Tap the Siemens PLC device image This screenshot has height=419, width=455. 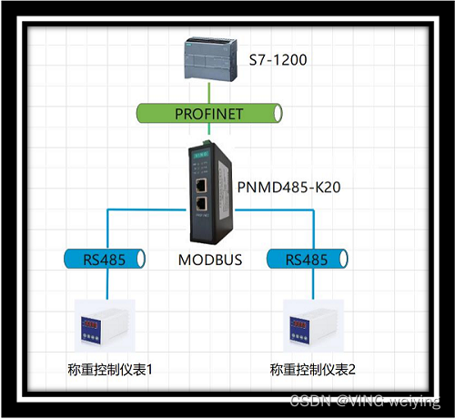210,59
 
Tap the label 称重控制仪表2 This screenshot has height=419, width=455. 311,370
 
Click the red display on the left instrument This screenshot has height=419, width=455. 95,322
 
